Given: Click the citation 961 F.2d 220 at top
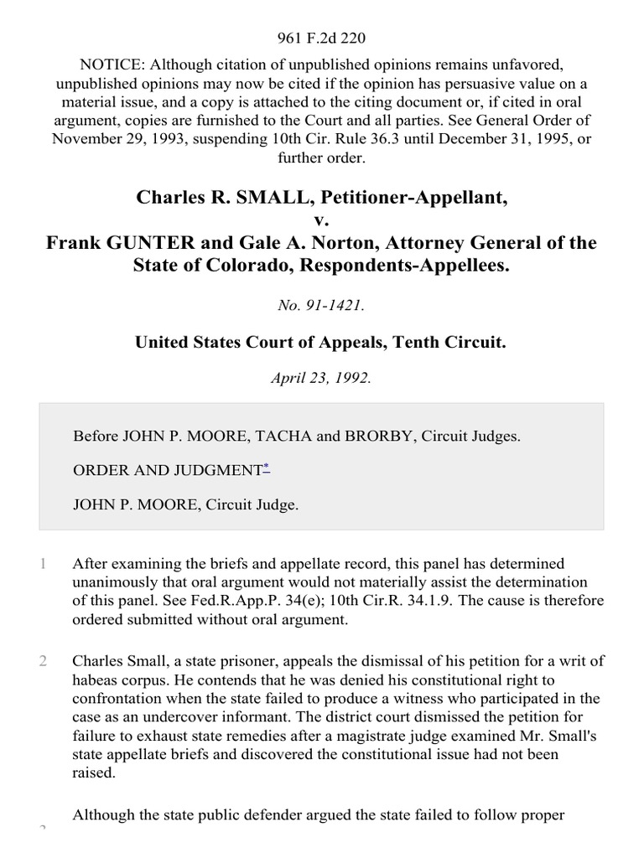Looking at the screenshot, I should (x=322, y=38).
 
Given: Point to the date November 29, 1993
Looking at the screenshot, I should (x=110, y=137).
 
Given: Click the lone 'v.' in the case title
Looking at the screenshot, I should (x=322, y=220).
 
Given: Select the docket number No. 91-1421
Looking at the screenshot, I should (x=322, y=307).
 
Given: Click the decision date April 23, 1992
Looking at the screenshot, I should (x=322, y=378).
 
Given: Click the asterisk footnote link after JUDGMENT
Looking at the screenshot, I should (x=267, y=467).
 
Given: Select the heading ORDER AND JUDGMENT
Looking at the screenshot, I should (x=168, y=471).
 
